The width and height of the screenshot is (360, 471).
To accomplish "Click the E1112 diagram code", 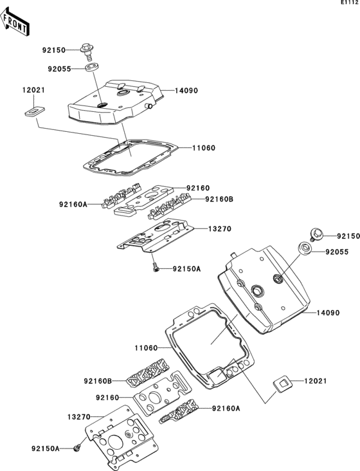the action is (x=350, y=3).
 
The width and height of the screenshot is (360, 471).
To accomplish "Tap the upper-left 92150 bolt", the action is (x=85, y=51).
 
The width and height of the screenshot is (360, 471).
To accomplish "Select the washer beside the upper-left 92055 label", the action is (x=92, y=68).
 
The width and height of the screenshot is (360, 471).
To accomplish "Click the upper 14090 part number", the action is (x=186, y=91).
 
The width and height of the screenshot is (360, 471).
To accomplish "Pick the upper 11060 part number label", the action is (x=204, y=148).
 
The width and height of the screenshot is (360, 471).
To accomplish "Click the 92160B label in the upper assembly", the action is (x=219, y=199).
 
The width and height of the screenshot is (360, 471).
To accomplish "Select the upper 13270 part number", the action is (x=220, y=229).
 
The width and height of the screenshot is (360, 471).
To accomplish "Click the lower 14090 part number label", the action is (x=328, y=313).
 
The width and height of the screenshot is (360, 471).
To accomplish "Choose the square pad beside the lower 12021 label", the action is (x=283, y=384).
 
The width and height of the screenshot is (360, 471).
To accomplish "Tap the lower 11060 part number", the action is (x=146, y=348).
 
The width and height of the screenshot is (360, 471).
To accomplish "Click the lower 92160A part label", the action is (x=226, y=408).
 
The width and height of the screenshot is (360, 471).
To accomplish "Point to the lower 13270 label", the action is (x=79, y=417).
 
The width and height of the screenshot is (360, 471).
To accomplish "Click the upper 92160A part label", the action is (x=73, y=205).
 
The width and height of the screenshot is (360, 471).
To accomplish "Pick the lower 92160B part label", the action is (x=98, y=381).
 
